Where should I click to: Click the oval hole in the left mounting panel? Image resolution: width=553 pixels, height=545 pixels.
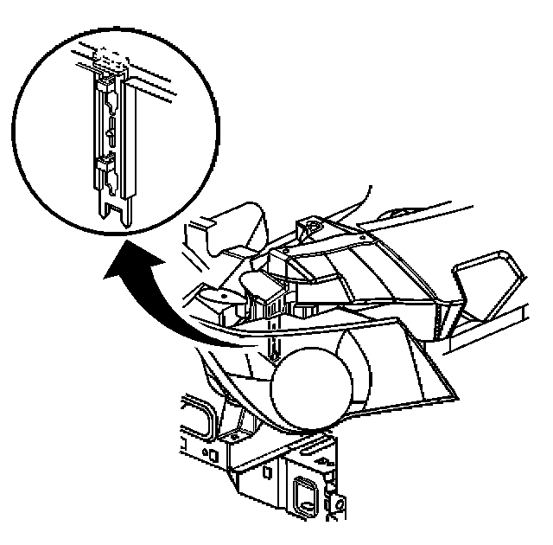(x=219, y=295)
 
